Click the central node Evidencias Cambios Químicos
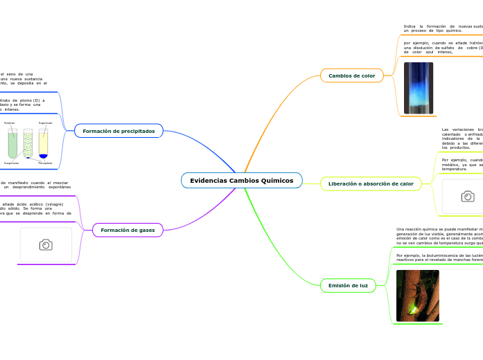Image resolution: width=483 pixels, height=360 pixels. pyautogui.click(x=241, y=181)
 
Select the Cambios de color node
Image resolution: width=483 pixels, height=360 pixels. pyautogui.click(x=351, y=75)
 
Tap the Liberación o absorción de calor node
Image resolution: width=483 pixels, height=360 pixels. pyautogui.click(x=370, y=184)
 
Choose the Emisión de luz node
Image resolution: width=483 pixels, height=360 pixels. pyautogui.click(x=348, y=285)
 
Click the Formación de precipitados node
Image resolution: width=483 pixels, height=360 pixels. pyautogui.click(x=118, y=131)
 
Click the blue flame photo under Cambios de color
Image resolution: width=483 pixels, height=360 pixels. pyautogui.click(x=418, y=88)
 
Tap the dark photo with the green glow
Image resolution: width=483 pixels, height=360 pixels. pyautogui.click(x=417, y=296)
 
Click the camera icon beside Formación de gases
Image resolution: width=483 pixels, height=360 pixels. pyautogui.click(x=46, y=245)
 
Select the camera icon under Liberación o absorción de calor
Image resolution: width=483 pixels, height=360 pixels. pyautogui.click(x=468, y=197)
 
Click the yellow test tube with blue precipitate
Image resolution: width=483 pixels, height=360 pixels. pyautogui.click(x=44, y=143)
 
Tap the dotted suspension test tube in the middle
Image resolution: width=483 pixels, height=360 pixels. pyautogui.click(x=28, y=143)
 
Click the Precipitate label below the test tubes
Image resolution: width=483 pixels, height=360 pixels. pyautogui.click(x=45, y=163)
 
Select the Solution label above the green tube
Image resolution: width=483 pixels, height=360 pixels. pyautogui.click(x=10, y=123)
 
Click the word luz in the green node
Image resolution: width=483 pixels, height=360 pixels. pyautogui.click(x=362, y=285)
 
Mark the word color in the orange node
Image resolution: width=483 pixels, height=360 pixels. pyautogui.click(x=367, y=75)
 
